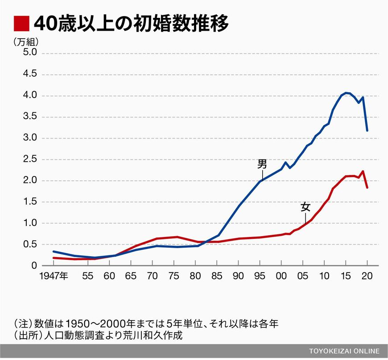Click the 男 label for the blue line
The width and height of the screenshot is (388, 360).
coord(262,164)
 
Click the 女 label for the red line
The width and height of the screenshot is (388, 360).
coord(305,207)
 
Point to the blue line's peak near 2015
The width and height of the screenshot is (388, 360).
coord(346,93)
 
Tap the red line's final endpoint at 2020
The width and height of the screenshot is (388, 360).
coord(367,188)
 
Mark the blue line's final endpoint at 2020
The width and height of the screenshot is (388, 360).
coord(367,131)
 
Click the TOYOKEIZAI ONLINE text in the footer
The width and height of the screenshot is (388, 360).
coord(344,350)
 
